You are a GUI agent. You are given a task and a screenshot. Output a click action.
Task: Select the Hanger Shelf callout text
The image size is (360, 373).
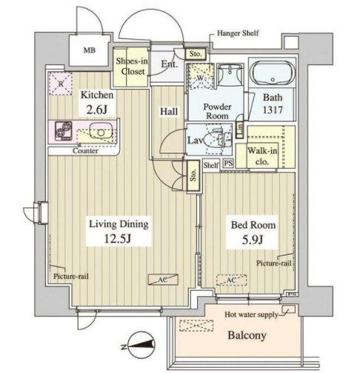coord(236,33)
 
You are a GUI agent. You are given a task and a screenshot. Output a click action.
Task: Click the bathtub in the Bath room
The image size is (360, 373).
coord(272,76)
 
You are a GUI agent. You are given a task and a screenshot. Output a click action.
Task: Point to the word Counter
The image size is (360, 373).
coord(87,152)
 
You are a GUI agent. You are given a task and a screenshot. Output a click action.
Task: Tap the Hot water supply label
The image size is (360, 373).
coord(252,315)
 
